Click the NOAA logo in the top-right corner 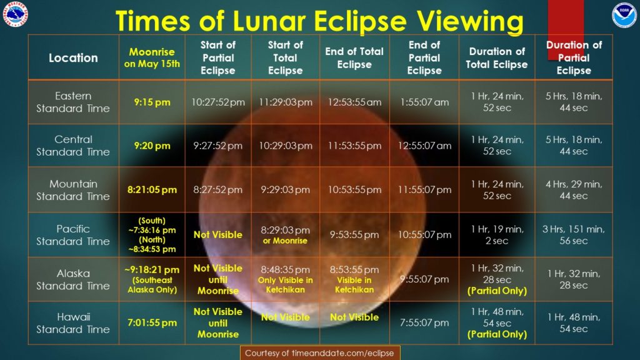coord(624,16)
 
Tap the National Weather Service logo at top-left coord(16,14)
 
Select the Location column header coord(74,57)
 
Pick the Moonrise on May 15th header coord(152,57)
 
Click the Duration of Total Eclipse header coord(497,57)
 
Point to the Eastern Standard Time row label coord(73,102)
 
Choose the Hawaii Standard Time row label coord(73,323)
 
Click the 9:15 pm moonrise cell coord(152,102)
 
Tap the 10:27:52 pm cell coord(218,102)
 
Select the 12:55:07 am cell coord(424,146)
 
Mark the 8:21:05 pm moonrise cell coord(152,189)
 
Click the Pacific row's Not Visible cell coord(218,235)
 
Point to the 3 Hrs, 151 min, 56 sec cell coord(574,235)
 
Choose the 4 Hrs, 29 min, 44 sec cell coord(574,190)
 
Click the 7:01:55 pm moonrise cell coord(152,322)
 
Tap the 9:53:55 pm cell coord(354,235)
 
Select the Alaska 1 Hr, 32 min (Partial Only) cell coord(497,279)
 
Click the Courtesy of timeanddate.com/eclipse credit coord(319,353)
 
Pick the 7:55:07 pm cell coord(424,322)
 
